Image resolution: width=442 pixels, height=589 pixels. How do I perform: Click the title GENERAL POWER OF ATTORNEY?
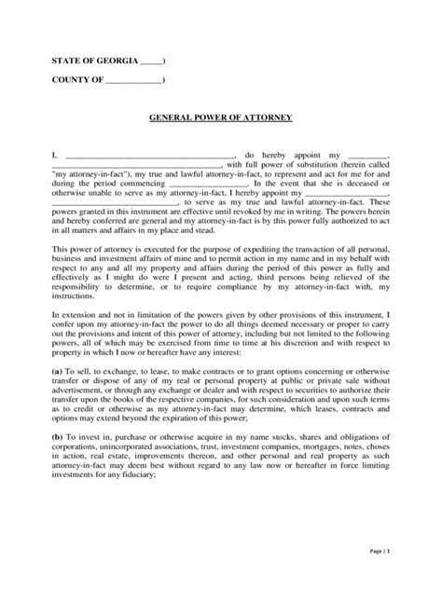coord(221,118)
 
